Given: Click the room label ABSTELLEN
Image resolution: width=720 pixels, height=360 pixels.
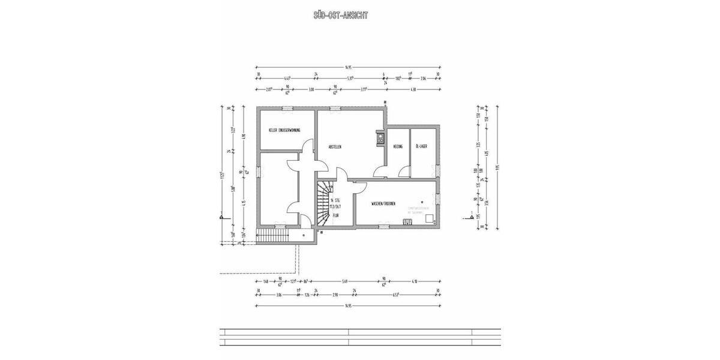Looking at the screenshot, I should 334,146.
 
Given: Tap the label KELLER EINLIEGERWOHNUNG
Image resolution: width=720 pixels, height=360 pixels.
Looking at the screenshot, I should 284,130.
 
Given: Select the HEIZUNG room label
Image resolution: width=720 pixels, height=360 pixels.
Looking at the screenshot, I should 397,146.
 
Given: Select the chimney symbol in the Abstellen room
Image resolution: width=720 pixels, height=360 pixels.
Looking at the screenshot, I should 380,139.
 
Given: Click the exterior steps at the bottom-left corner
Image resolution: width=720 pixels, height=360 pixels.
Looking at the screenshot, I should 272,236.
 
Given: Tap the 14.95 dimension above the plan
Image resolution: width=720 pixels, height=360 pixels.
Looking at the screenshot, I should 348,67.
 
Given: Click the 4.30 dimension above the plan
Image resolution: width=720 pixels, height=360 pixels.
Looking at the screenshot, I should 412,89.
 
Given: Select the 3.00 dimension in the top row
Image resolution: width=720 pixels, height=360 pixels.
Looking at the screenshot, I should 311,89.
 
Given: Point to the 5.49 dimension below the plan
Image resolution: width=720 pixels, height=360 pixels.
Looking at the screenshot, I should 345,281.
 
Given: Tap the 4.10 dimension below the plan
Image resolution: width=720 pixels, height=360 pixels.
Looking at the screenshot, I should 414,281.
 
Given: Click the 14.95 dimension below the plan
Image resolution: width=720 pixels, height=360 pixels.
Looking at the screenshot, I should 348,307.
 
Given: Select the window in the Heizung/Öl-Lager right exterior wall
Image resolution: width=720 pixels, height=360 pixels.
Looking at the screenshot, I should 440,171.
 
